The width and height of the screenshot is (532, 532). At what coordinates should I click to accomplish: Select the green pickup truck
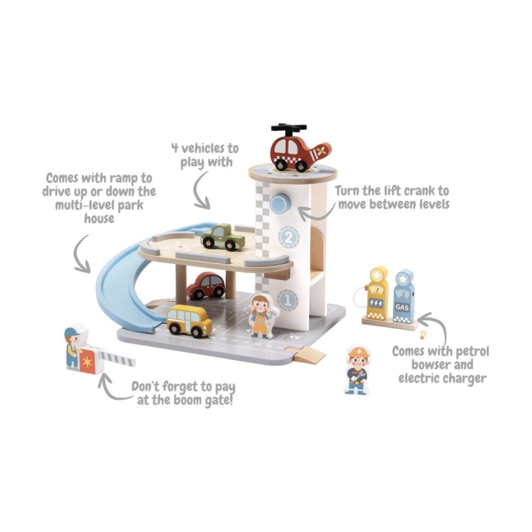coord(222,237)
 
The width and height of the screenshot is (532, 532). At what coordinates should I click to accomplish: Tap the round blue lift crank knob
coord(280,203)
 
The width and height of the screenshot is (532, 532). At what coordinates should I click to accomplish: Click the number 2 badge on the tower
coord(289,237)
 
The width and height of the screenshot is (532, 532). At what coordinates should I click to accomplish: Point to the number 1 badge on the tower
coord(288,300)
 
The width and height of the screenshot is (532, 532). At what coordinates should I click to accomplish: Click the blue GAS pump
coord(403,296)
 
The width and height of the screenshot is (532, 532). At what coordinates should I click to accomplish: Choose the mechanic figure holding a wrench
coord(358,370)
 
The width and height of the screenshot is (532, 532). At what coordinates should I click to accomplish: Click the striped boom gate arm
coord(118,358)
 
